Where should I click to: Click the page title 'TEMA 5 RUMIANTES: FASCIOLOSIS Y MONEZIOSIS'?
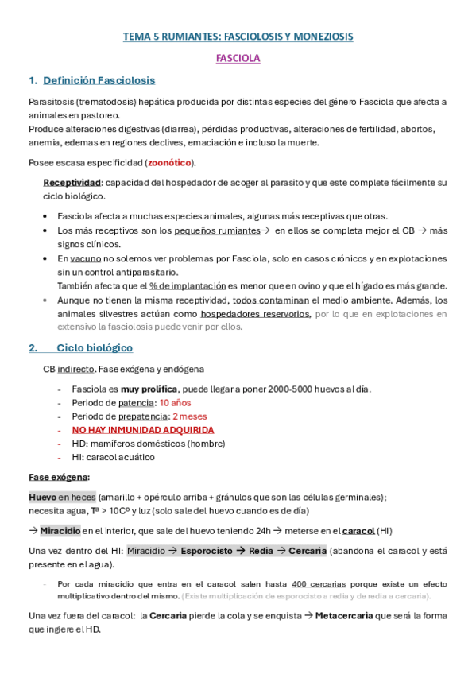238,37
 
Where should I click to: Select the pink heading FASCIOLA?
238,58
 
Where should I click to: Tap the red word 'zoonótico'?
169,162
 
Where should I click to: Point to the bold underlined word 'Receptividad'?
72,183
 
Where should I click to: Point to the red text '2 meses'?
189,416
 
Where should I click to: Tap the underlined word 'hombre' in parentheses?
206,444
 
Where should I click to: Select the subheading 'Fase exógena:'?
59,477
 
